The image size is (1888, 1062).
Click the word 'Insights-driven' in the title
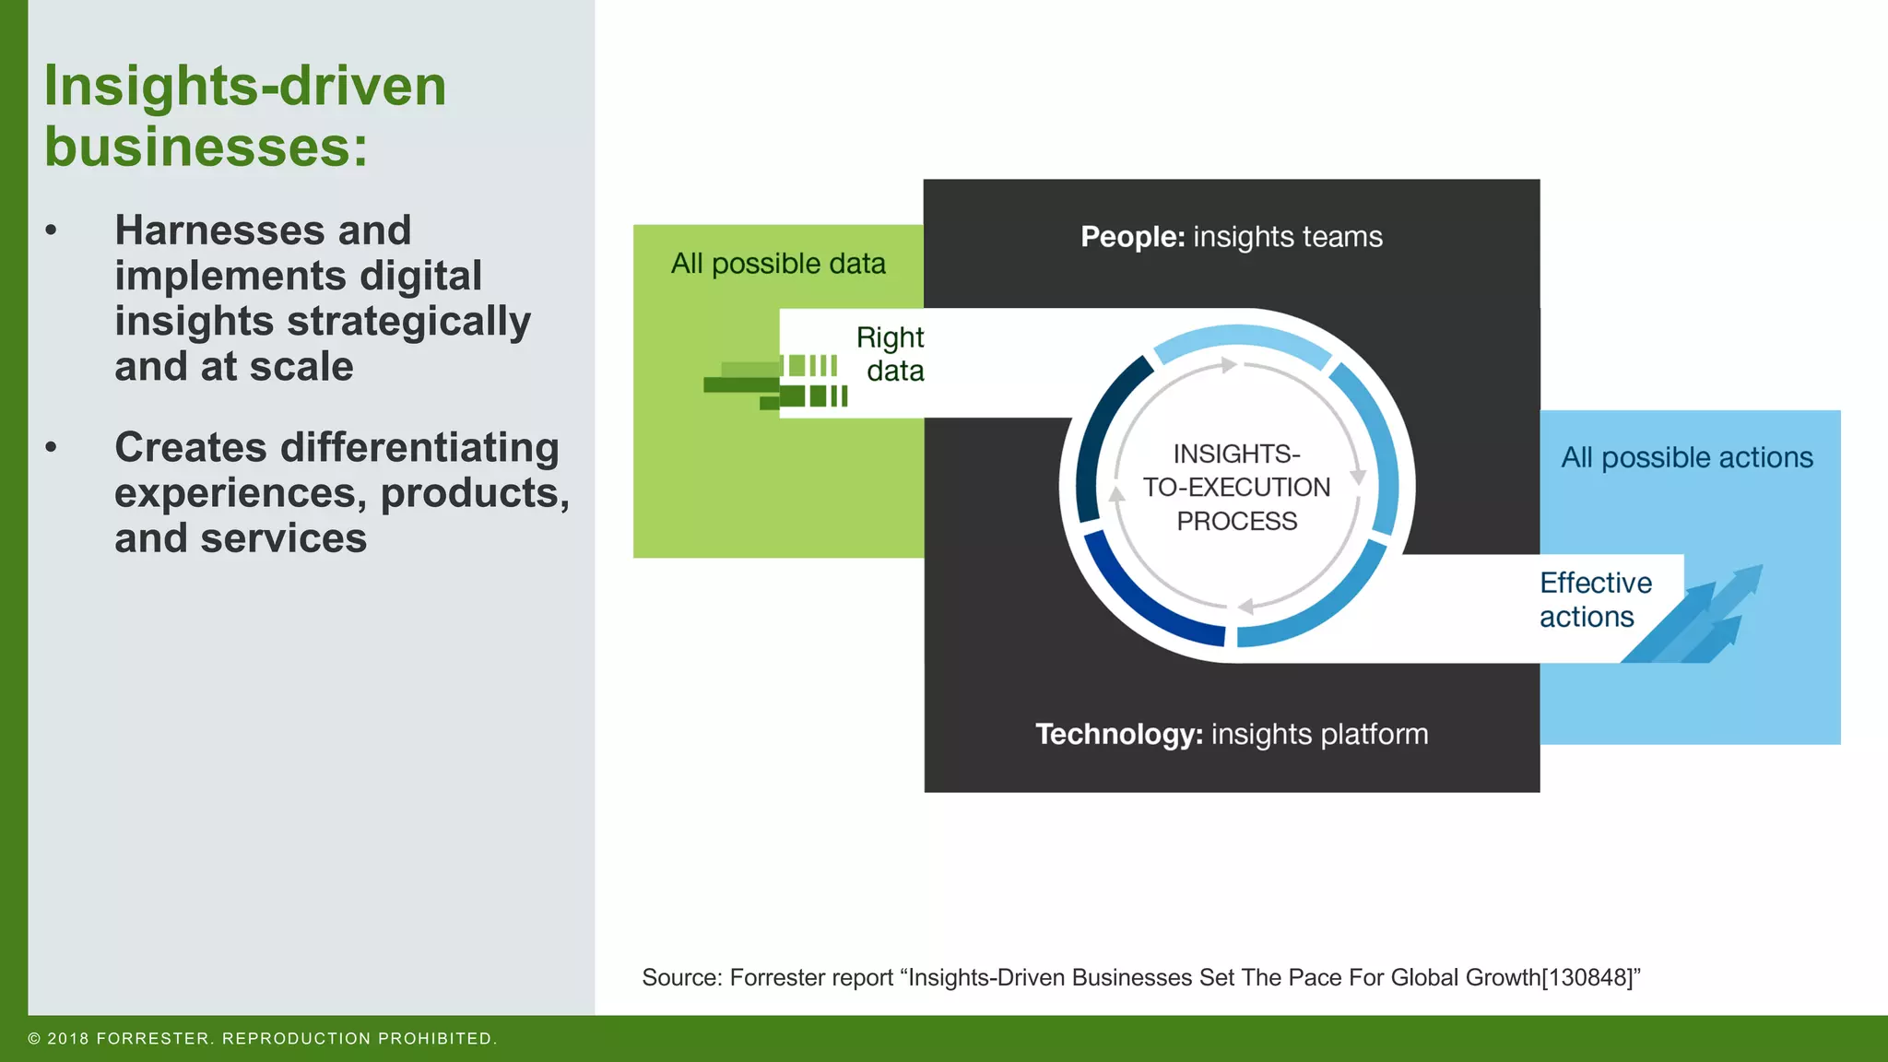click(245, 87)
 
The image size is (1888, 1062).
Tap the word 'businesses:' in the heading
click(206, 147)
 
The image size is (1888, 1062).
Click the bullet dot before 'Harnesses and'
click(52, 230)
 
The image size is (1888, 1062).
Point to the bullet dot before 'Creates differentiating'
click(52, 448)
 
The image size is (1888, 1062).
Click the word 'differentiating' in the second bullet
click(419, 448)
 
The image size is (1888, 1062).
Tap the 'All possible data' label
click(777, 264)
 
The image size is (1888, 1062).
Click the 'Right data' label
click(891, 354)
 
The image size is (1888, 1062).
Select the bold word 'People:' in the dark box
click(1132, 237)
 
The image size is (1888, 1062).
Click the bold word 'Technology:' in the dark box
click(1118, 735)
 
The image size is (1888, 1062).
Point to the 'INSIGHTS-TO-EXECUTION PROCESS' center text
click(1236, 487)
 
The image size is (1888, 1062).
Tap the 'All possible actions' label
click(1686, 457)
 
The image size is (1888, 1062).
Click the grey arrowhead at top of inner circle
click(1228, 365)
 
